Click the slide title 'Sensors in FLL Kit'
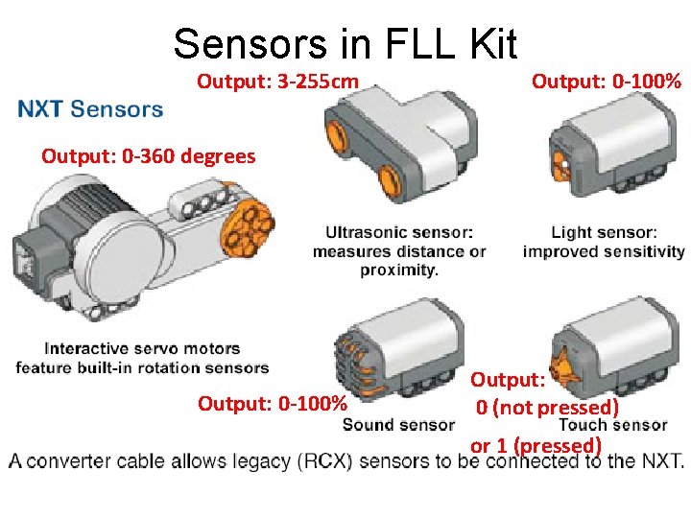point(345,43)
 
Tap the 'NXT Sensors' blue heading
point(91,108)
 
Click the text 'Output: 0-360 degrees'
point(149,155)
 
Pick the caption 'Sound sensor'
point(399,424)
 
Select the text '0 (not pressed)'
point(548,408)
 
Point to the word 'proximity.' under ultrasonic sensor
point(399,271)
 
